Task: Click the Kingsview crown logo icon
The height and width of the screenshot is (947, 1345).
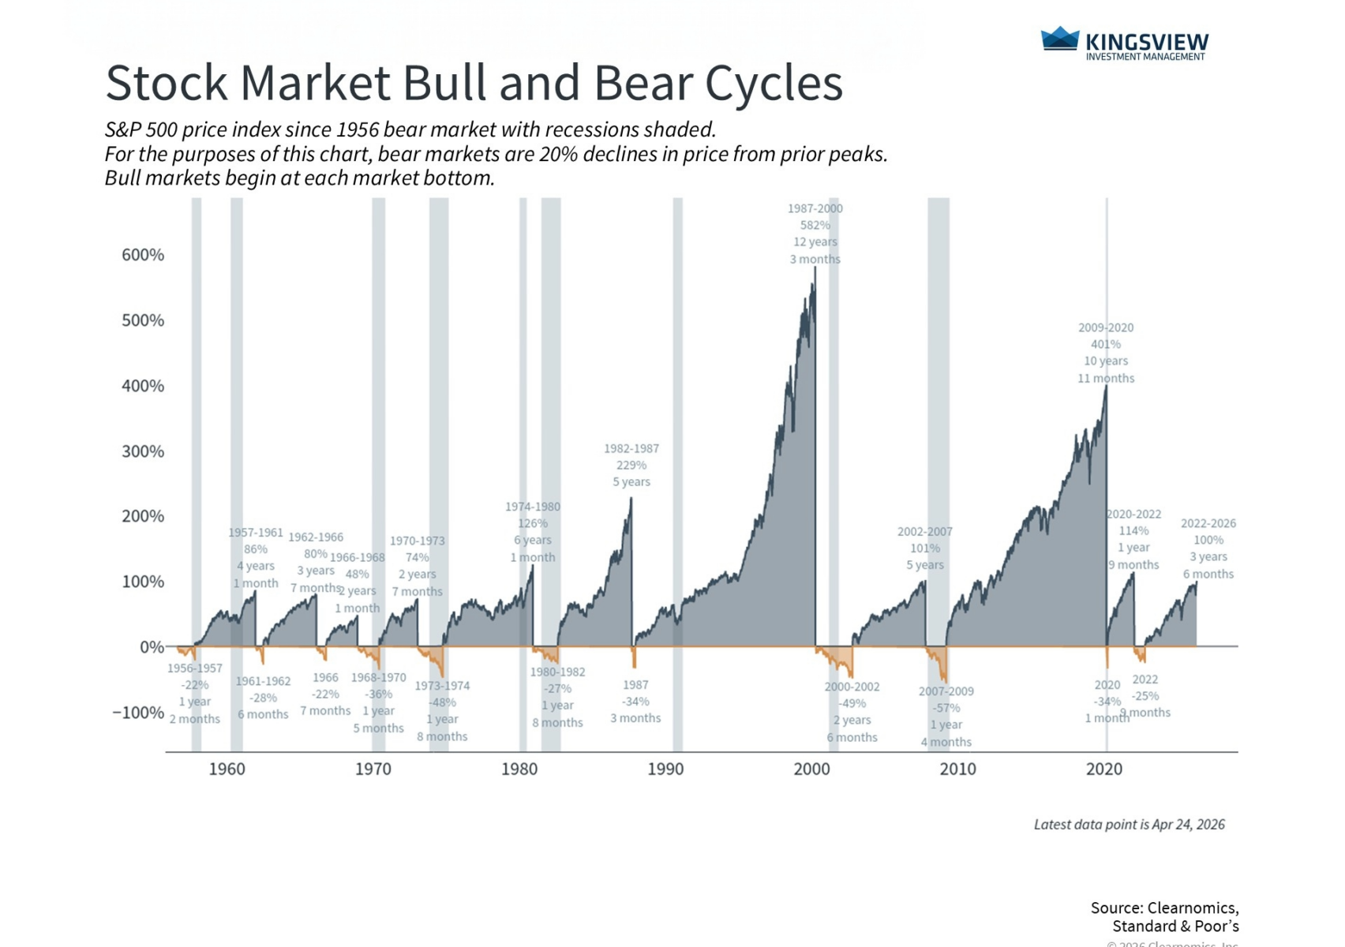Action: pyautogui.click(x=1059, y=39)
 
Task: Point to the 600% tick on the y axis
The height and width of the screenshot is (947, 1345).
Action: pyautogui.click(x=143, y=255)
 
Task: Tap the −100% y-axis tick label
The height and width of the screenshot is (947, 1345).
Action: pyautogui.click(x=138, y=713)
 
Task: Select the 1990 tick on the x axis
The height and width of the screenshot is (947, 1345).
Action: pyautogui.click(x=665, y=769)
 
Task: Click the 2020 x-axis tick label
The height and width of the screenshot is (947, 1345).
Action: pyautogui.click(x=1103, y=769)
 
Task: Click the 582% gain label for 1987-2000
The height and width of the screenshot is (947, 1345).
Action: pyautogui.click(x=815, y=226)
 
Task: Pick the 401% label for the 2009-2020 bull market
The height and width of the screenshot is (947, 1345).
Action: pyautogui.click(x=1105, y=344)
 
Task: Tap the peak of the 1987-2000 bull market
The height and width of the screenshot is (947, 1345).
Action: pyautogui.click(x=815, y=268)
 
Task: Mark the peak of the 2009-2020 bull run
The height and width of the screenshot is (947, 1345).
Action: pyautogui.click(x=1106, y=387)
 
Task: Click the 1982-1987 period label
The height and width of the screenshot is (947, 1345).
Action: pyautogui.click(x=631, y=448)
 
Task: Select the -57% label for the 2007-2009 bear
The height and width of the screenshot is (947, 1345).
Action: pyautogui.click(x=946, y=708)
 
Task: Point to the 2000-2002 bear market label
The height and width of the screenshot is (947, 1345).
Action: pyautogui.click(x=852, y=687)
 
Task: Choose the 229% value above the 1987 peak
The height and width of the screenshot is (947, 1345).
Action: pyautogui.click(x=631, y=465)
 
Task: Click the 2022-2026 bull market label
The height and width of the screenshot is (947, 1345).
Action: pyautogui.click(x=1208, y=523)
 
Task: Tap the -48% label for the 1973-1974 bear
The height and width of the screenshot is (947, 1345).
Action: pyautogui.click(x=442, y=702)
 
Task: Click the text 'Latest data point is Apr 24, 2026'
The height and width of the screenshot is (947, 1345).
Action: pyautogui.click(x=1129, y=825)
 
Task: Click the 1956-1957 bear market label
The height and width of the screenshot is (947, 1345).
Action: pyautogui.click(x=194, y=668)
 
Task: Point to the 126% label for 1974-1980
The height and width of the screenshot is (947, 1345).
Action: pyautogui.click(x=533, y=523)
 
